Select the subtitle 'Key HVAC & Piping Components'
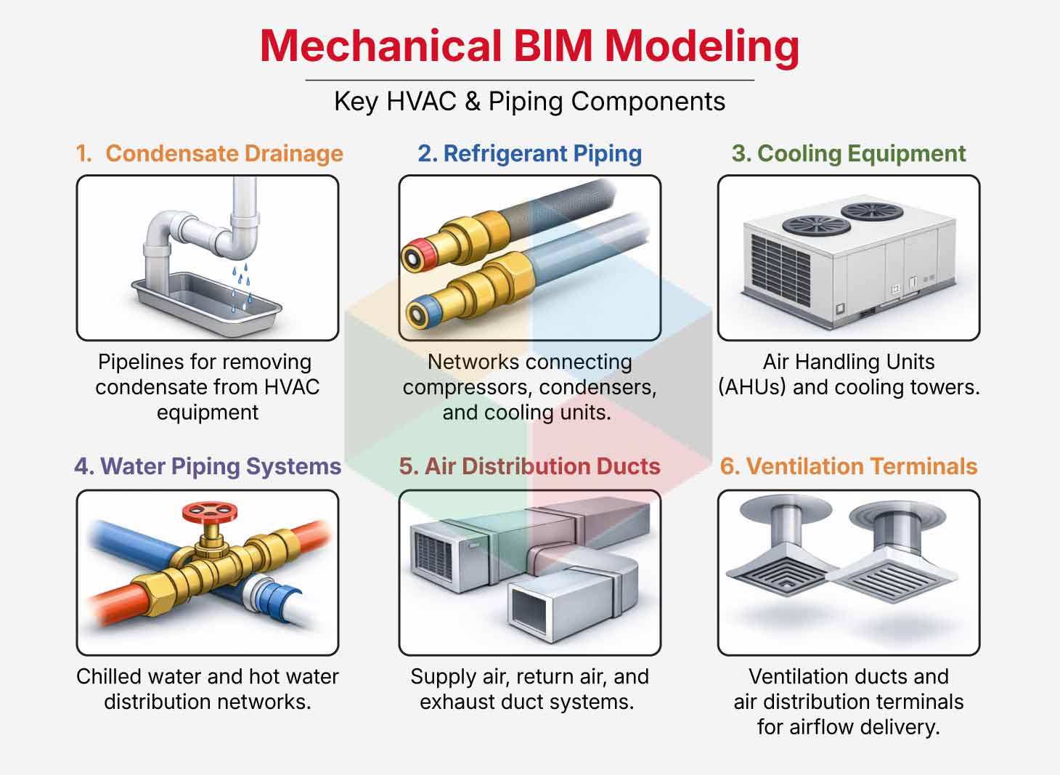pos(529,101)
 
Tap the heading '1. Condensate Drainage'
pos(210,153)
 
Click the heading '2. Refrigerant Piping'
pos(529,153)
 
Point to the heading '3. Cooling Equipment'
pos(849,153)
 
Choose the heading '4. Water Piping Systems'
pos(208,466)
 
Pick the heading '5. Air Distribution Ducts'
pos(529,466)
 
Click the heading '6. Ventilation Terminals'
pos(849,466)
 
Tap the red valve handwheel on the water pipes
pos(211,513)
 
